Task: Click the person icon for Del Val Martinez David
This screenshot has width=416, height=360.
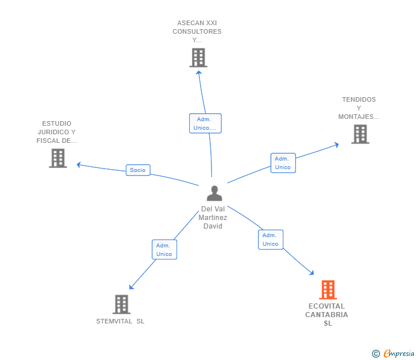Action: pyautogui.click(x=214, y=194)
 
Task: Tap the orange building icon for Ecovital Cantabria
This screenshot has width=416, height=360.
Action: pyautogui.click(x=327, y=290)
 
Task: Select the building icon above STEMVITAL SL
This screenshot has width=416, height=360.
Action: pyautogui.click(x=121, y=304)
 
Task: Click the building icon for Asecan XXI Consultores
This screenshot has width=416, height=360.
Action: pyautogui.click(x=198, y=58)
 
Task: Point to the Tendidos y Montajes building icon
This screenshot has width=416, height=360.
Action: pyautogui.click(x=359, y=134)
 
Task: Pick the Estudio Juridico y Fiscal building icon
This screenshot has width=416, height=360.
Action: pyautogui.click(x=58, y=158)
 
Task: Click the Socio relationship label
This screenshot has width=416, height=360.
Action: pyautogui.click(x=138, y=170)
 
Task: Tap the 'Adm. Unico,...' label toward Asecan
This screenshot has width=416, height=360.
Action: pyautogui.click(x=205, y=123)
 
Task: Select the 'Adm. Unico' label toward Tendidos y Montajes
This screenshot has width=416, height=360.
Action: pyautogui.click(x=283, y=163)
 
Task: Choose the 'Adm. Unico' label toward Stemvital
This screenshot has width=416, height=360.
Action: pyautogui.click(x=164, y=250)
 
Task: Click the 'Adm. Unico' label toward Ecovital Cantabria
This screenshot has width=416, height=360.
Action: pyautogui.click(x=270, y=239)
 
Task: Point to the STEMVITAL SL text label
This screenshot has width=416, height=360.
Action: pyautogui.click(x=120, y=321)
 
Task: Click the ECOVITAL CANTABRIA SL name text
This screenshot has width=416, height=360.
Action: pyautogui.click(x=327, y=315)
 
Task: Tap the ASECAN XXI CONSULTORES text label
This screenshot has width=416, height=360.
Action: pyautogui.click(x=197, y=31)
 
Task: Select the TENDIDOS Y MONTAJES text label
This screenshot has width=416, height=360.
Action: pyautogui.click(x=359, y=108)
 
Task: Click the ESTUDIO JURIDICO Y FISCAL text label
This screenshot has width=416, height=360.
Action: pyautogui.click(x=57, y=132)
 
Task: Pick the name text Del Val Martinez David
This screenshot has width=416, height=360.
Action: pyautogui.click(x=213, y=218)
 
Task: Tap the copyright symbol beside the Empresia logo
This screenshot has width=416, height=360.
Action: pyautogui.click(x=375, y=354)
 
